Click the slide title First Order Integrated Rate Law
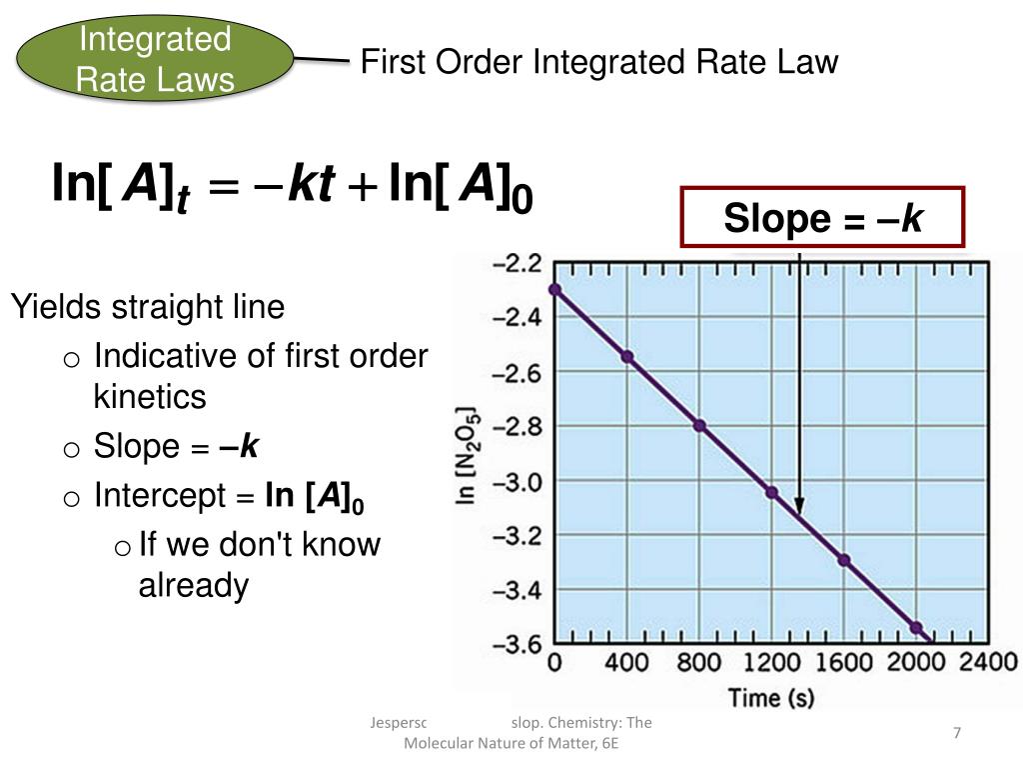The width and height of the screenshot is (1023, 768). pos(598,62)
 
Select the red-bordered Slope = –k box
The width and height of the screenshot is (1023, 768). pos(822,217)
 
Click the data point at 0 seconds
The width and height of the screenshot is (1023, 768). pos(554,290)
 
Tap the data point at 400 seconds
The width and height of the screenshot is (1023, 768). pos(627,356)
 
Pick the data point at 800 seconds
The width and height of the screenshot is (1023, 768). pos(699,425)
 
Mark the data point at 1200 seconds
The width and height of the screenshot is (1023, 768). pos(771,492)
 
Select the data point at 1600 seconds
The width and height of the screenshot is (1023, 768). pos(843,560)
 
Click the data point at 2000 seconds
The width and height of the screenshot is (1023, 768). pos(916,627)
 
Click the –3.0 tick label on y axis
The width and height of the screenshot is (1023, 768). pos(517,482)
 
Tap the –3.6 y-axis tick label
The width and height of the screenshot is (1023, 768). pos(517,643)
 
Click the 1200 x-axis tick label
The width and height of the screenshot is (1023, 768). pos(770,662)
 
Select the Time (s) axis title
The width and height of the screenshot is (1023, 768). pos(769,697)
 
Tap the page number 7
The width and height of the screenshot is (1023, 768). pos(956,734)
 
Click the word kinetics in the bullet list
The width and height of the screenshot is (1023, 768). pos(150,397)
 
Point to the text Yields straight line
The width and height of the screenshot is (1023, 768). pos(148,307)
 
